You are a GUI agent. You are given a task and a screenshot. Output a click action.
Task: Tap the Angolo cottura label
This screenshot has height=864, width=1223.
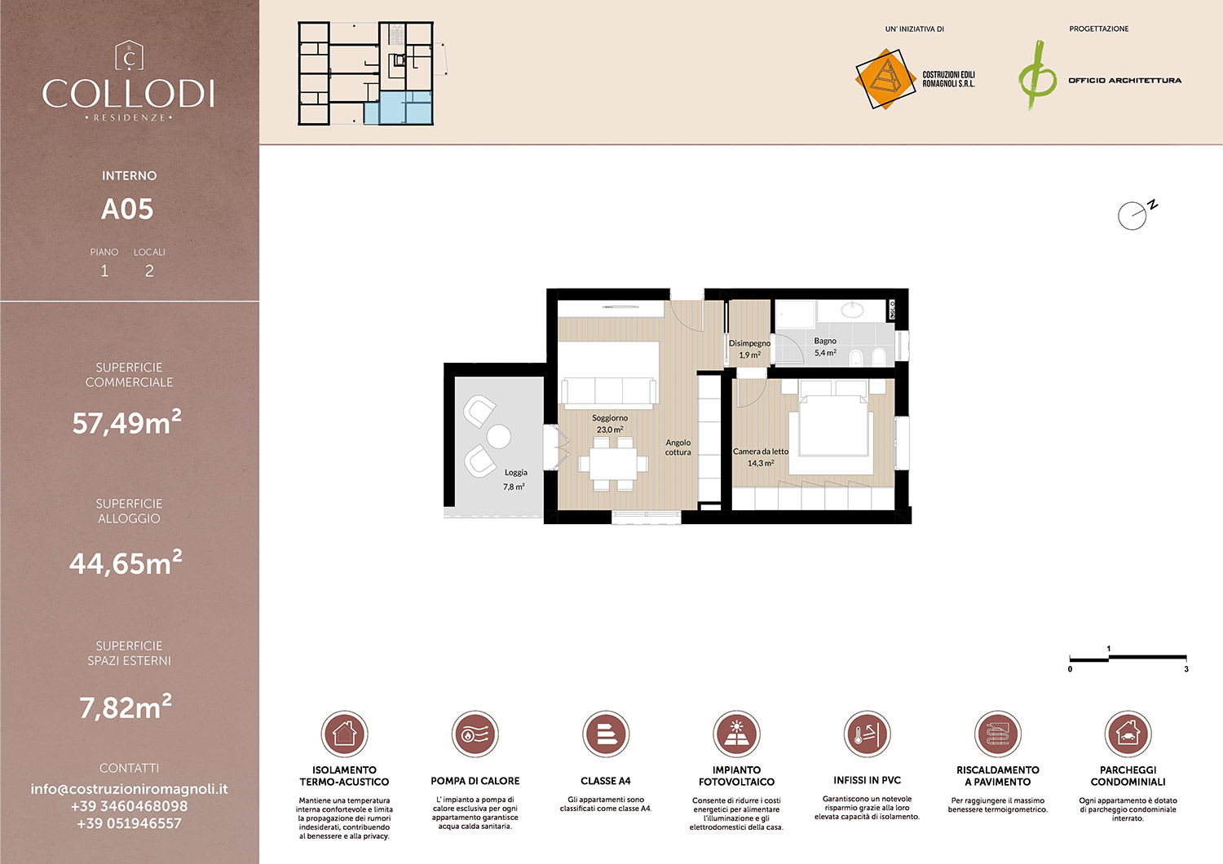pos(678,447)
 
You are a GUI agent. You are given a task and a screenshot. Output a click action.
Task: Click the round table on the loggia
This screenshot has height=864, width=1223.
pos(499,437)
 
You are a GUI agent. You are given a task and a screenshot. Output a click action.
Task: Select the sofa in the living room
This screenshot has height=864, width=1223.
pos(609,391)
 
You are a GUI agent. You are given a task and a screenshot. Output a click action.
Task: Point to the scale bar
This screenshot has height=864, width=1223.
pos(1128,658)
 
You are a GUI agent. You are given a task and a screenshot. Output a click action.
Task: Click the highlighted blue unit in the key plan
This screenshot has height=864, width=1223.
pos(397,108)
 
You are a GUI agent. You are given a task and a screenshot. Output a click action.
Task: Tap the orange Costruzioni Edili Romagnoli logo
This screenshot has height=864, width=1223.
pos(885,79)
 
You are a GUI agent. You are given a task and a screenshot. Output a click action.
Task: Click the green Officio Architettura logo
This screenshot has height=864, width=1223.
pos(1037,77)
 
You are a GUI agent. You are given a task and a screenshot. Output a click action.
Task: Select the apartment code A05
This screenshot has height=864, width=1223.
pos(127,209)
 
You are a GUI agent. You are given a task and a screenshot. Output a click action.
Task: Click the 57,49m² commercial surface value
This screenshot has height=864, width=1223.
pos(127,422)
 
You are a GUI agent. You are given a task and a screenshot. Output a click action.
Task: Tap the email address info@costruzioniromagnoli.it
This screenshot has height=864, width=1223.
pos(129,789)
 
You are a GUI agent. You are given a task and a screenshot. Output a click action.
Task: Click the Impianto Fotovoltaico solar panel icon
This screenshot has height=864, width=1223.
pos(736,734)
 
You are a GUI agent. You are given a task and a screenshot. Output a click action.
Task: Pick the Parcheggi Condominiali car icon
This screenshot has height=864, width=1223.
pos(1128,734)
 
